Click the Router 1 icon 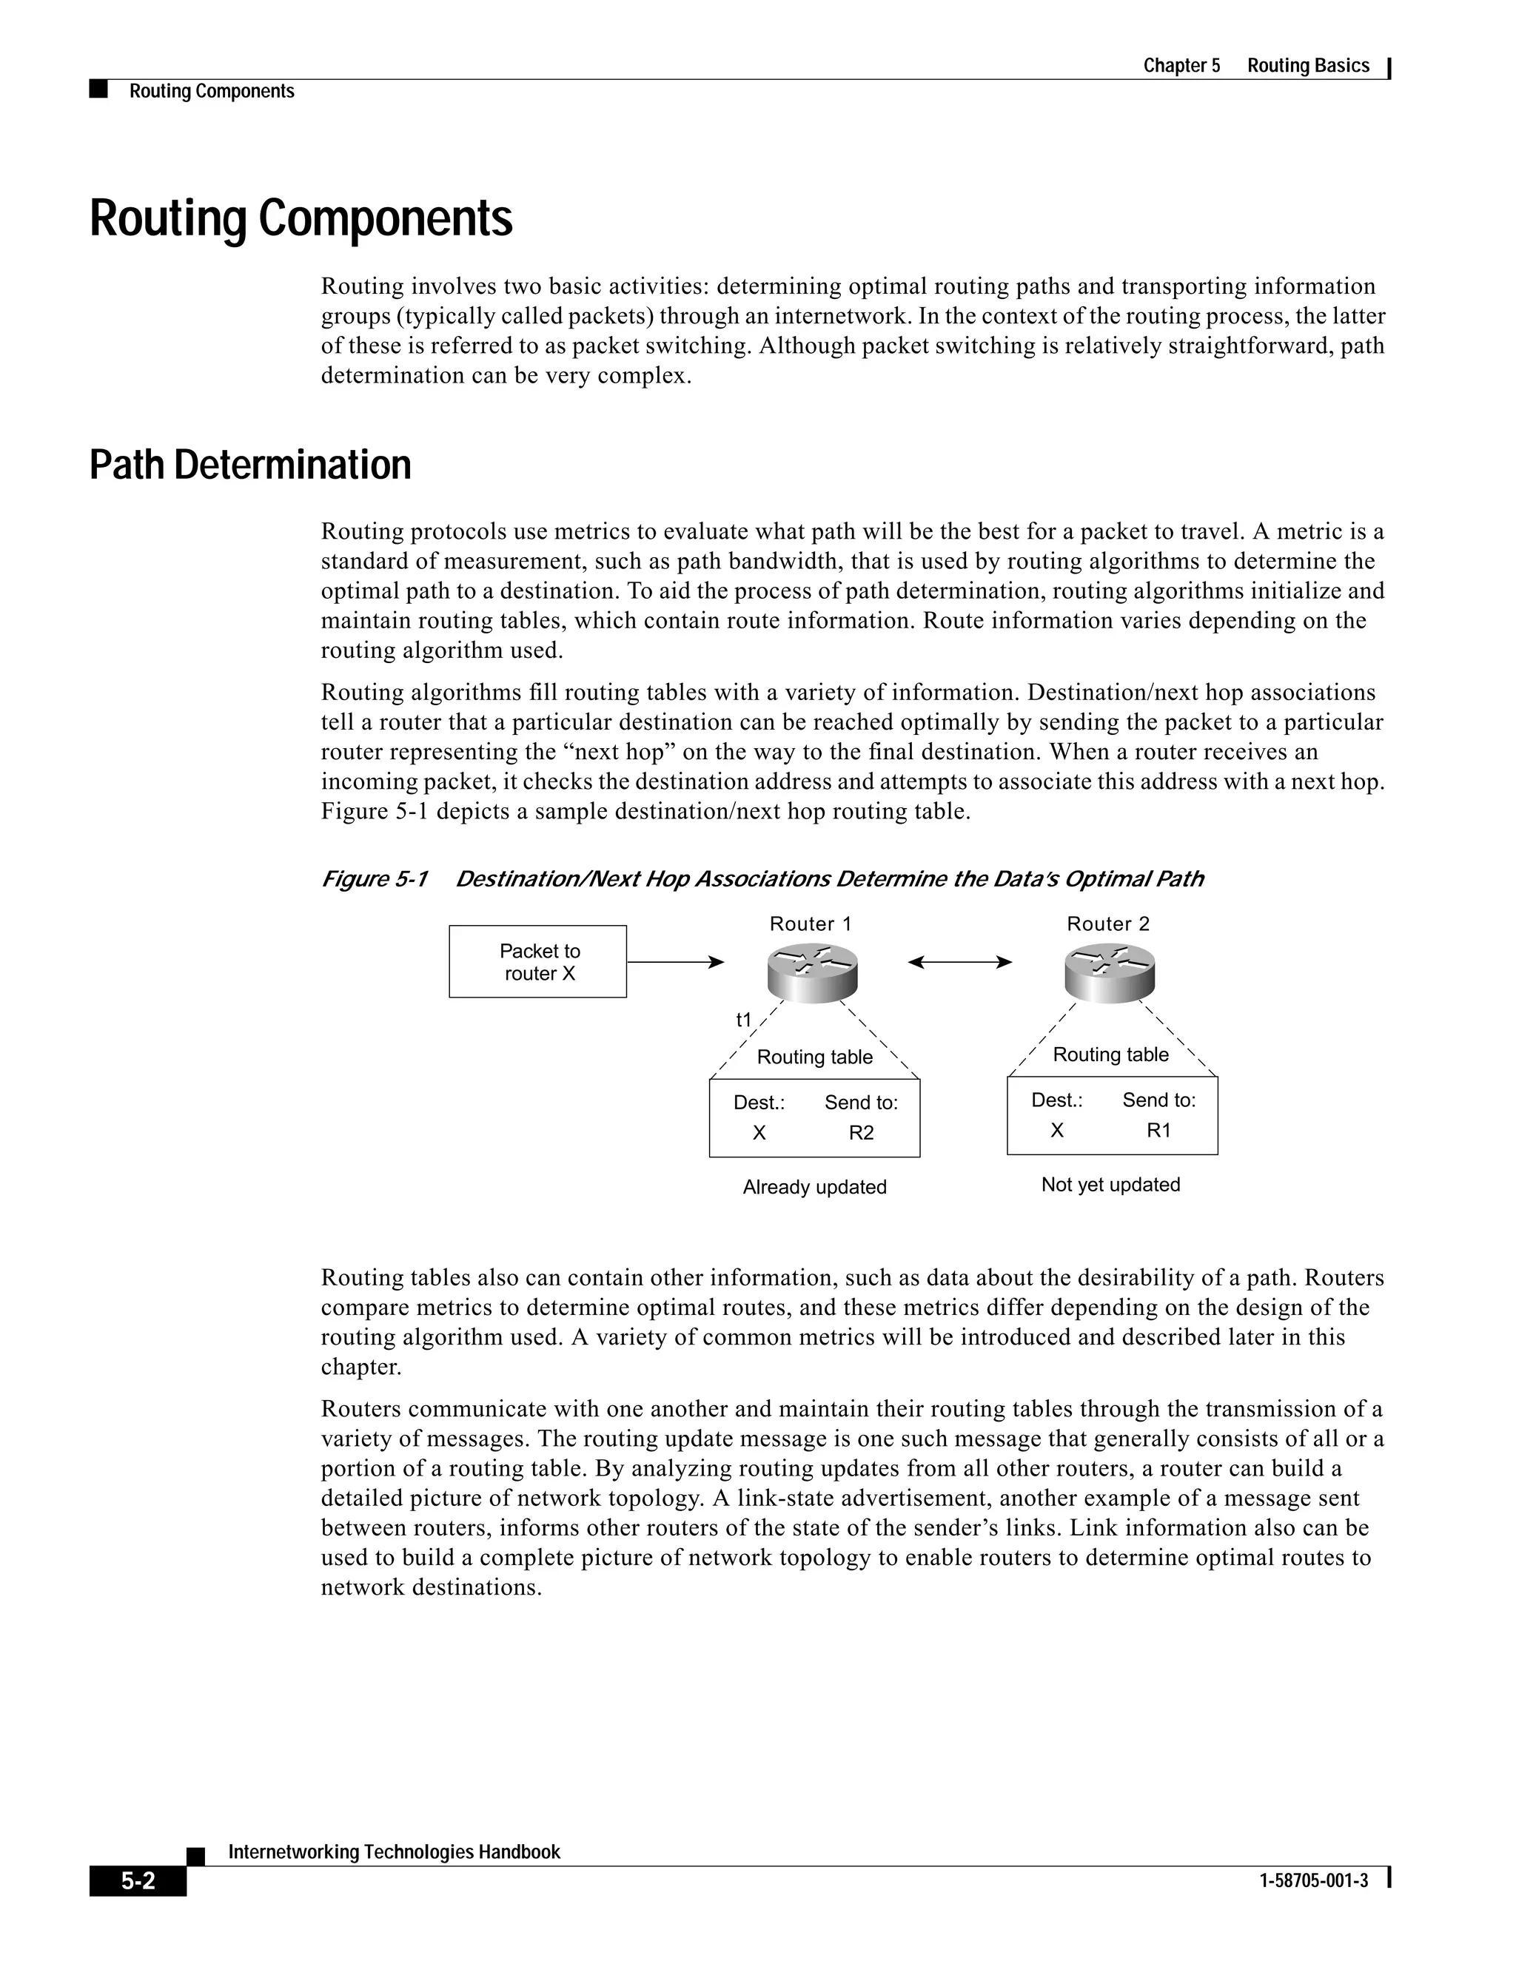813,972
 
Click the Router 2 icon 1109,972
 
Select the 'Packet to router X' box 538,962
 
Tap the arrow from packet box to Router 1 674,963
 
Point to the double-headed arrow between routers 959,963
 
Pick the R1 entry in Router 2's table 1158,1131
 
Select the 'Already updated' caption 814,1187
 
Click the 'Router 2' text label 1108,924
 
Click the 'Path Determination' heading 251,465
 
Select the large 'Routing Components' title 301,218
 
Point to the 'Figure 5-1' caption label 375,879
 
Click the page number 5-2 138,1881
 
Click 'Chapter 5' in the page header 1181,66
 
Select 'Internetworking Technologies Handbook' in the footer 395,1851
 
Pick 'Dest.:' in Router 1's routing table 759,1103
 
